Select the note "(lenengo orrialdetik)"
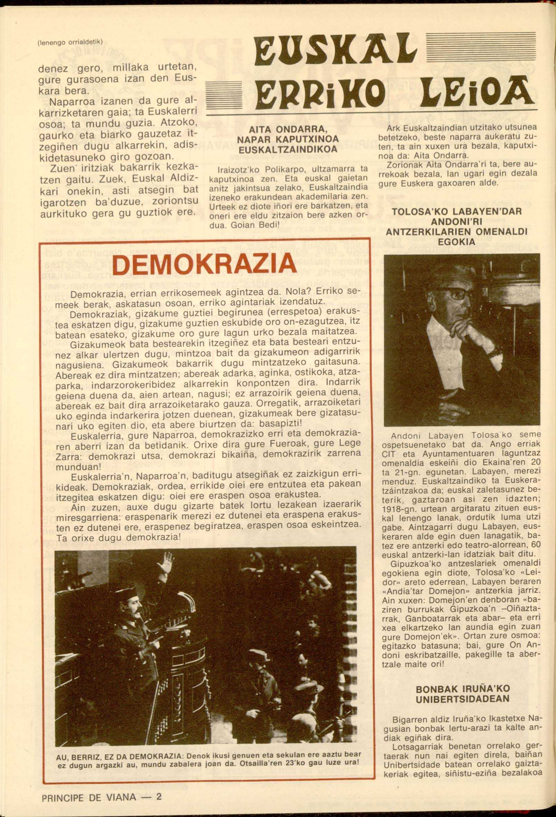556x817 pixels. click(x=69, y=41)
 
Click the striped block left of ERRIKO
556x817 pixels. click(x=223, y=95)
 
